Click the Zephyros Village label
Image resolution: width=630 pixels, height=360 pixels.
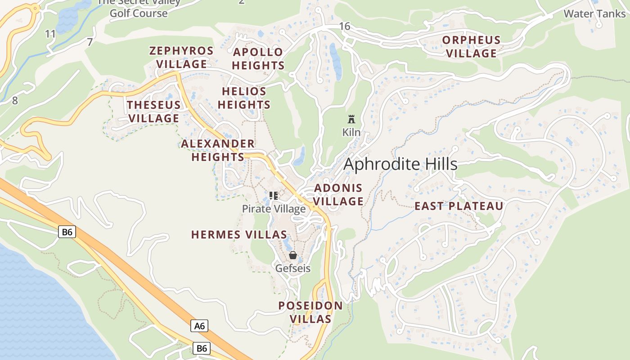click(181, 57)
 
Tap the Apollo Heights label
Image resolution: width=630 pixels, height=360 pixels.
click(258, 58)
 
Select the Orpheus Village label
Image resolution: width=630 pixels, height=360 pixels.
click(471, 46)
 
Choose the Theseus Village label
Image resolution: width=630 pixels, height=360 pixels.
click(153, 112)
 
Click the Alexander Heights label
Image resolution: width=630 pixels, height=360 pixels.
click(218, 150)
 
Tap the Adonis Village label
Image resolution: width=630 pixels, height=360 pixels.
click(338, 194)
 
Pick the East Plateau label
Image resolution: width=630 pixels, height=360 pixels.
click(459, 206)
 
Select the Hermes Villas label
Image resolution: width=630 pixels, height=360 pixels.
click(239, 234)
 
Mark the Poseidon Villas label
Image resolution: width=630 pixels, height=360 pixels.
click(310, 312)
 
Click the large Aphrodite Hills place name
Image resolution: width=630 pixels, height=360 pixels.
click(400, 164)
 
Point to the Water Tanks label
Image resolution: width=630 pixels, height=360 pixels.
click(594, 13)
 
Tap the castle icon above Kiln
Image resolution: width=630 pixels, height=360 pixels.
click(351, 119)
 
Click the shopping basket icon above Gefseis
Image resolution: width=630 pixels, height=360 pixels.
click(293, 255)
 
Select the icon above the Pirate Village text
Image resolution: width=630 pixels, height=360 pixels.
click(273, 195)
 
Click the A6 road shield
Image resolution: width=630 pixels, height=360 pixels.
click(199, 326)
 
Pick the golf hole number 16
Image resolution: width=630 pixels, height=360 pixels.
click(345, 26)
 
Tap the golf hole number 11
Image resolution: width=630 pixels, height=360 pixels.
click(50, 34)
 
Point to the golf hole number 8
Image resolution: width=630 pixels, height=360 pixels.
click(15, 100)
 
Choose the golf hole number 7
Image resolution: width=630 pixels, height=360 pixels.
click(90, 42)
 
